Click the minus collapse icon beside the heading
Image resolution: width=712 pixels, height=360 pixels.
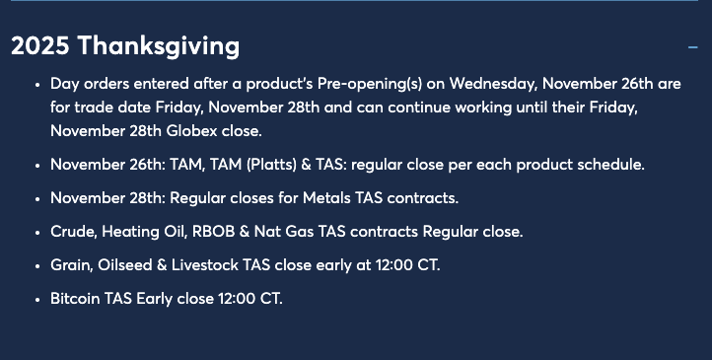coord(692,46)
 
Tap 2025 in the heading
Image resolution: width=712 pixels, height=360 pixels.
coord(40,46)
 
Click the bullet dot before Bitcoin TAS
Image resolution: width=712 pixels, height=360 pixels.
coord(36,299)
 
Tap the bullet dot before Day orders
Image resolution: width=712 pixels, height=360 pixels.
coord(36,85)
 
